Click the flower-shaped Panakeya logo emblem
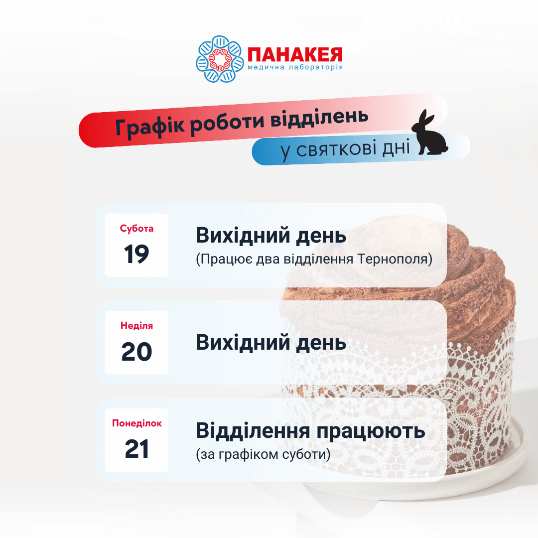(220, 59)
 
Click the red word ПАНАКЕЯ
(295, 55)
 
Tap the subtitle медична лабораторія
(295, 67)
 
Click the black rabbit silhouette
(429, 133)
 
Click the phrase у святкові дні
(345, 149)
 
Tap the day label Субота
(136, 229)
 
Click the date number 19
(136, 254)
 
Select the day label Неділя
(136, 326)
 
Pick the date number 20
(136, 352)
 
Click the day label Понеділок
(136, 423)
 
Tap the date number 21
(136, 449)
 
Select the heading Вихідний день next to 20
(271, 342)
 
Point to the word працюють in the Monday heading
(371, 432)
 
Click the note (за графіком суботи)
(263, 454)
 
